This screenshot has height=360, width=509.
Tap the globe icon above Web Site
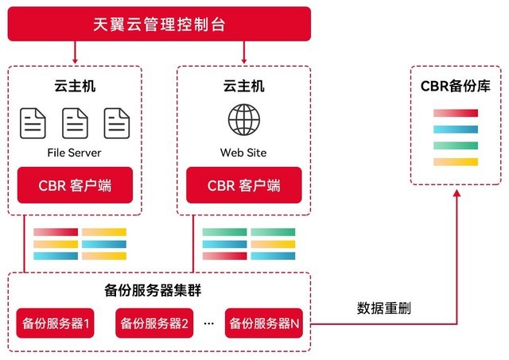click(x=243, y=121)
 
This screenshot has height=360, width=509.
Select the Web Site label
click(x=243, y=152)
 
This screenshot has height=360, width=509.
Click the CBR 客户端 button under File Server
click(x=75, y=185)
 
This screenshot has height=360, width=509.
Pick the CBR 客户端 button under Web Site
click(x=243, y=185)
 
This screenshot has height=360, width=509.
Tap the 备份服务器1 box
click(x=56, y=323)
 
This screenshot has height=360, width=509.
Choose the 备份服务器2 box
click(x=155, y=323)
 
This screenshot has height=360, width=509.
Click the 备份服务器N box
click(x=264, y=323)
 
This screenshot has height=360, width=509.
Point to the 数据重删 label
click(x=384, y=308)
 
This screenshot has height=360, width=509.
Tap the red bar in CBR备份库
click(x=456, y=113)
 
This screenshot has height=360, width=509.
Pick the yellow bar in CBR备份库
click(x=456, y=162)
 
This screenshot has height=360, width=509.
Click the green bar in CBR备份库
click(x=456, y=145)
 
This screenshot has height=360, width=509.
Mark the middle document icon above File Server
click(x=76, y=122)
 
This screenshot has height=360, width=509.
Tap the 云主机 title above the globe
click(x=243, y=86)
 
